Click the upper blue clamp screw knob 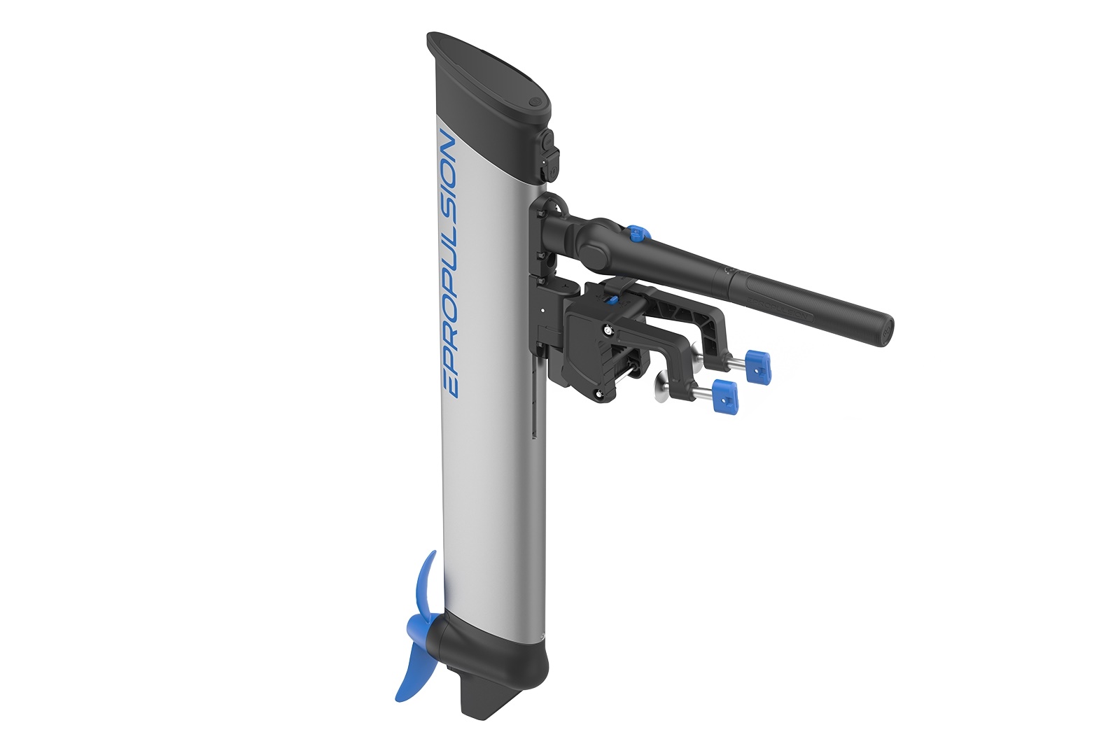click(757, 366)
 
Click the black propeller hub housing click(448, 640)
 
